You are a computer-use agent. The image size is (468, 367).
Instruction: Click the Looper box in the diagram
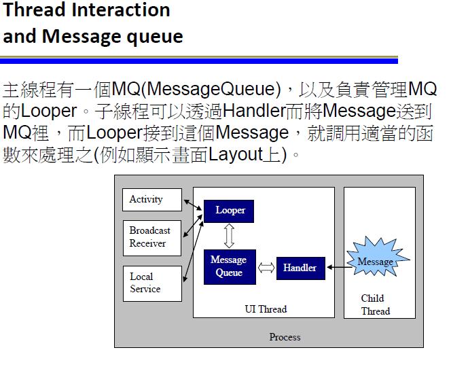pos(230,211)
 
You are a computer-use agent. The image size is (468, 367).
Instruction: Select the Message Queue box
pos(229,266)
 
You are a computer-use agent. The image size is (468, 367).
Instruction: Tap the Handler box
pos(300,268)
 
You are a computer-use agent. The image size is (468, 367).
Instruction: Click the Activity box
pos(152,200)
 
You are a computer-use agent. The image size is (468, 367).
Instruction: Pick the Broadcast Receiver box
pos(152,237)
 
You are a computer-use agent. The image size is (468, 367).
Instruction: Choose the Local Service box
pos(152,283)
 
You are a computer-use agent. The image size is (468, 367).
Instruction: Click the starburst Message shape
pos(375,262)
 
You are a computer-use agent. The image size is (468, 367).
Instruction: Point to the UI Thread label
pos(266,309)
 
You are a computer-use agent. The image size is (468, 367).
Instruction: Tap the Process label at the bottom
pos(285,336)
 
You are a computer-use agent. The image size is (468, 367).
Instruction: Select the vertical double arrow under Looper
pos(229,236)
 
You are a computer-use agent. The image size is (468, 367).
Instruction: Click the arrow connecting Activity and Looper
pos(193,204)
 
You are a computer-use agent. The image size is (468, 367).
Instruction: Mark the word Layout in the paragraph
pos(235,154)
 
